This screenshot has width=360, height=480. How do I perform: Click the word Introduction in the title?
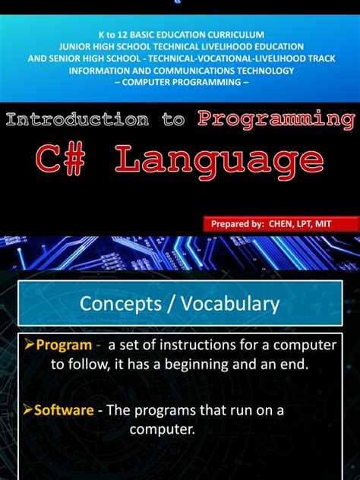[x=77, y=120]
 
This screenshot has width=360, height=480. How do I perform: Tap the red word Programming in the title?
[x=276, y=118]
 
